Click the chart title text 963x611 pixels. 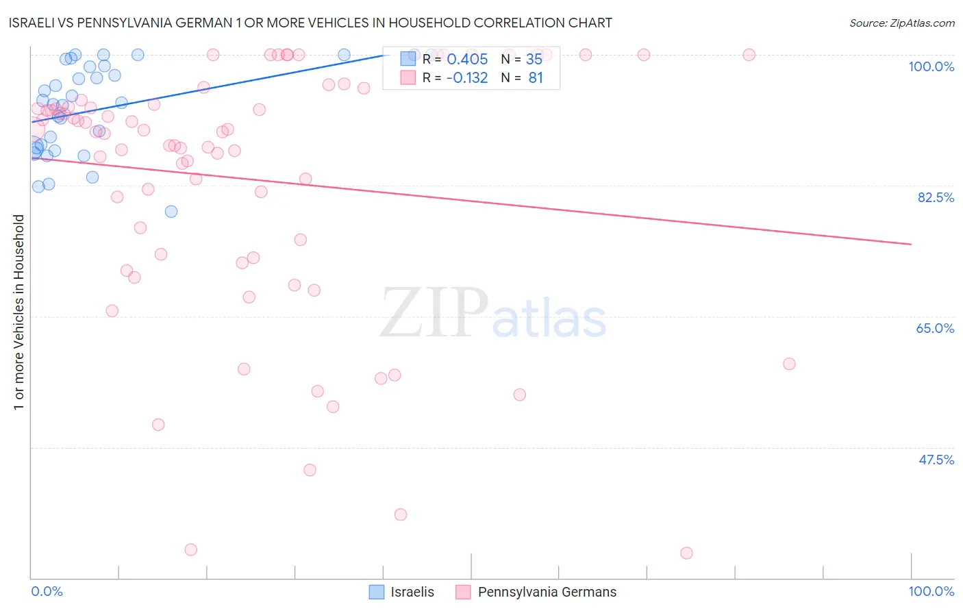(x=310, y=23)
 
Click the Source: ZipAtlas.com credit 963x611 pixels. (x=901, y=23)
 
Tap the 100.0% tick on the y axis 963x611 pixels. (x=931, y=66)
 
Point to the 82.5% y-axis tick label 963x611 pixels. (x=936, y=197)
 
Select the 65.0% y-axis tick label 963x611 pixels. (x=935, y=328)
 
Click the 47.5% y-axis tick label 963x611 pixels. (x=936, y=460)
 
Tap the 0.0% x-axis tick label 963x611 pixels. (x=47, y=591)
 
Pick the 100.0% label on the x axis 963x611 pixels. (x=931, y=591)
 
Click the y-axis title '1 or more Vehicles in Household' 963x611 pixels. (x=18, y=312)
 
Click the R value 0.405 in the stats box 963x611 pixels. (x=467, y=60)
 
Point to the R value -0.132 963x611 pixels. (x=467, y=78)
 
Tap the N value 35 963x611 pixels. (x=534, y=60)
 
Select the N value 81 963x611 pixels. (x=536, y=78)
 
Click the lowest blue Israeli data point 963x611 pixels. (x=171, y=212)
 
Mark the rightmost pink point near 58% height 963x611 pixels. (x=789, y=364)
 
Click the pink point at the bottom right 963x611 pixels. (x=686, y=553)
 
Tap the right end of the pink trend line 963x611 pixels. (x=911, y=244)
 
